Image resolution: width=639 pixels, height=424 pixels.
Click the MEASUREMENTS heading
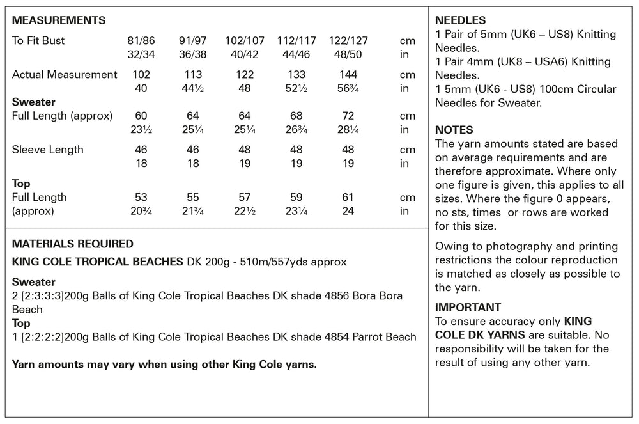click(59, 21)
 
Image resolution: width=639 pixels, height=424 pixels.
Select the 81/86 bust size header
click(141, 41)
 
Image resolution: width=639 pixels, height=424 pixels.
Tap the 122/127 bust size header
click(348, 41)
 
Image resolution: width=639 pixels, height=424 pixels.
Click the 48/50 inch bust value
click(348, 55)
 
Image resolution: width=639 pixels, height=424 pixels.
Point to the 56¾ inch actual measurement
click(348, 89)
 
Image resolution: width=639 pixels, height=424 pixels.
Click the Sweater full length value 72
click(348, 116)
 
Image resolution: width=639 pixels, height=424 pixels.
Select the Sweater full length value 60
click(141, 116)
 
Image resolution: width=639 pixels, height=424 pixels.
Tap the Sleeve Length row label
click(48, 150)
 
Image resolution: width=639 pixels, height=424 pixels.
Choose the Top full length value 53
click(141, 197)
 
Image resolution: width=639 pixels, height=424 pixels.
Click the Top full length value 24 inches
click(348, 211)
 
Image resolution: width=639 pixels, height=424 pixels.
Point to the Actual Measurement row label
click(65, 74)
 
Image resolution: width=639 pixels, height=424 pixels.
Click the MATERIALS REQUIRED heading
click(73, 244)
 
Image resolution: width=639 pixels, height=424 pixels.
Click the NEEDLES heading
click(460, 20)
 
